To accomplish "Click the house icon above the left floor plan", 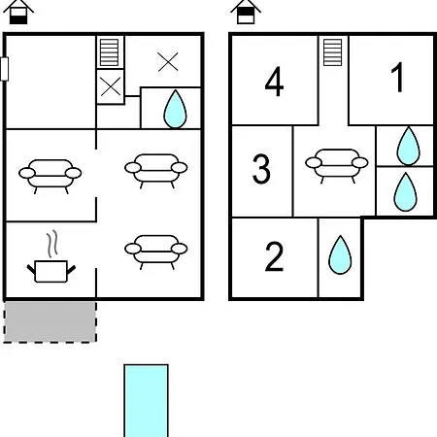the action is point(18,12).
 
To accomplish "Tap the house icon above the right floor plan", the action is point(246,12).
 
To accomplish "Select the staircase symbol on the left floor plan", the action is point(109,52).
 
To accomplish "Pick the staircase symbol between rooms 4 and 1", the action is point(333,52).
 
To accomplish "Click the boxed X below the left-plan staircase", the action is point(111,86).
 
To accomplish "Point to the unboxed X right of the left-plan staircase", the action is point(168,61).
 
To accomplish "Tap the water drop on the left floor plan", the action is point(175,109).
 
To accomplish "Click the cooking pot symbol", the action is point(51,271).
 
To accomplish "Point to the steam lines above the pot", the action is point(52,244).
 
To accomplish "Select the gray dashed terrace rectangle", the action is point(50,321).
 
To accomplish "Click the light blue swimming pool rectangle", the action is point(146,401).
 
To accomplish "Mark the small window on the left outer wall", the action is point(4,69).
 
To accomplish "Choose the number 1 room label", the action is point(398,77).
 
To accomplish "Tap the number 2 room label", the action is point(274,256).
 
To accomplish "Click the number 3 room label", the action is point(261,169).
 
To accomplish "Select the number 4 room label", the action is point(275,82).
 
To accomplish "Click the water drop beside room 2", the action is point(340,254).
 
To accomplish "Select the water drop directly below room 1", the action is point(408,146).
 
